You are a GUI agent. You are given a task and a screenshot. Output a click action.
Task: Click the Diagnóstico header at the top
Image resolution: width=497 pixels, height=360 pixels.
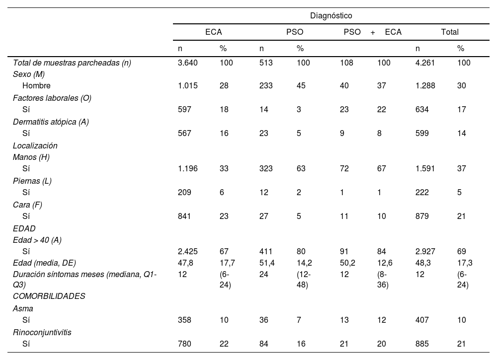coord(331,15)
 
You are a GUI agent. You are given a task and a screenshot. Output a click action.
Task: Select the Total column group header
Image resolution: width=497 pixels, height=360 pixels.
coord(450,32)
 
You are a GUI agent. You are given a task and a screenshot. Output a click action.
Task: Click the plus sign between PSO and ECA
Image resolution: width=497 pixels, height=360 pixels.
coord(373,32)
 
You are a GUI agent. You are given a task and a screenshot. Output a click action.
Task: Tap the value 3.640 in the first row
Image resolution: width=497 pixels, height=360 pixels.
coord(188,63)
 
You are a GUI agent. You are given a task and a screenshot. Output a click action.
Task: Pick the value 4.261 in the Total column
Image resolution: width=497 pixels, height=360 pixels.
coord(425,63)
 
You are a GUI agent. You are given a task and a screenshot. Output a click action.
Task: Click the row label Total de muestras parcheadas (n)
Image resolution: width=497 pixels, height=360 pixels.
coord(72,63)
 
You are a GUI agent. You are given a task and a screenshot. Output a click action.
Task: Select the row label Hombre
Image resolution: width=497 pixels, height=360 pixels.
coord(36,85)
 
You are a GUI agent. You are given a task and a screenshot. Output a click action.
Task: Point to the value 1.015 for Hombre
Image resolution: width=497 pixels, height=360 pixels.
coord(188,85)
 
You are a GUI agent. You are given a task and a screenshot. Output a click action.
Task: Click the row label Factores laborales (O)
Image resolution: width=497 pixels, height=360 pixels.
coord(52,98)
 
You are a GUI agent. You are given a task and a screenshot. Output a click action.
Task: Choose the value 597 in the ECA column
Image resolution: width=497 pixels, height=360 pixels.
coord(184,109)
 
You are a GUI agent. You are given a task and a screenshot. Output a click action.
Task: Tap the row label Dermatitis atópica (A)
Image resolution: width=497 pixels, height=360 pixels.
coord(51,122)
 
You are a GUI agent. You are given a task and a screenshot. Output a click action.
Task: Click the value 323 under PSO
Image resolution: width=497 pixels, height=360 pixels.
coord(266,168)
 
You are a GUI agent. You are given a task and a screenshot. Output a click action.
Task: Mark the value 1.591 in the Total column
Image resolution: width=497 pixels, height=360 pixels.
coord(425,168)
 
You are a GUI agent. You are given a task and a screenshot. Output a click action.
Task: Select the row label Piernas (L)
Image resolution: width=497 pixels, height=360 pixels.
coord(32,181)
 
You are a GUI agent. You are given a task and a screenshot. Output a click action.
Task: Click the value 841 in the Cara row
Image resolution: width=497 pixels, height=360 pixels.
coord(184,216)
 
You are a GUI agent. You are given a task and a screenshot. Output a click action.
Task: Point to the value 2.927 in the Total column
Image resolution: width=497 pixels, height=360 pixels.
coord(425,251)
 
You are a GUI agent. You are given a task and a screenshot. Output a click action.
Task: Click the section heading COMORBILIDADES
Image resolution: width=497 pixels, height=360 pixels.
coord(49,296)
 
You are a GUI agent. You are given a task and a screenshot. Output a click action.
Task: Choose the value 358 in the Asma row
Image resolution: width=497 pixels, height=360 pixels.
coord(184,320)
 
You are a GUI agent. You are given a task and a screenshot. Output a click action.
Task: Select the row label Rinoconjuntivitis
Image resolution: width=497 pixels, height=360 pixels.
coord(42,332)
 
